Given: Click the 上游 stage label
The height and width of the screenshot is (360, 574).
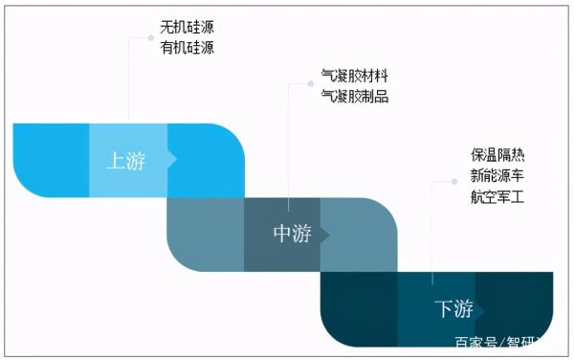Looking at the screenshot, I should coord(125,161).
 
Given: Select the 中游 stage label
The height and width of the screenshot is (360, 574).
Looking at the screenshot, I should coord(292,235).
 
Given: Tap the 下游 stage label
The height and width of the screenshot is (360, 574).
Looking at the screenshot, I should coord(454,309).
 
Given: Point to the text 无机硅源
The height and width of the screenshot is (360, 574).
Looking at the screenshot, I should coord(187,28).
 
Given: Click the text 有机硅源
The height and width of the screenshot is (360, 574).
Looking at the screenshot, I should coord(187,48).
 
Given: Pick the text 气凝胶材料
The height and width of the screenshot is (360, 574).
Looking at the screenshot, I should coord(355,76).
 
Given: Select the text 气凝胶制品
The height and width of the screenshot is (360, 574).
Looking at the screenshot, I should coord(355,96).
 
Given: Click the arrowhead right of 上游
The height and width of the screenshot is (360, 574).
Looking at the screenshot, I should coord(172,161).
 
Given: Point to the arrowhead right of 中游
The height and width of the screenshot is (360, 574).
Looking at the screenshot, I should coord(325,235).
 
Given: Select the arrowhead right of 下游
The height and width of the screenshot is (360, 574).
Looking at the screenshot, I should coord(481,309).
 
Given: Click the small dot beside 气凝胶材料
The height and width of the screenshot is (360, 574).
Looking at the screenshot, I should coord(310,84).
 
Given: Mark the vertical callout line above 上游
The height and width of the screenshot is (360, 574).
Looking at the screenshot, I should coord(129,81).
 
